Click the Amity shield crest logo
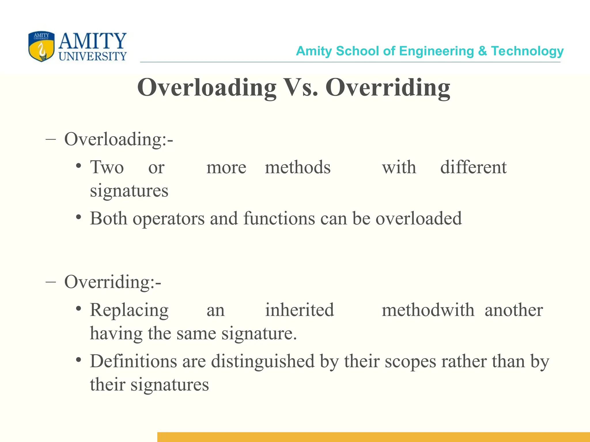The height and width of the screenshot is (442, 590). [41, 46]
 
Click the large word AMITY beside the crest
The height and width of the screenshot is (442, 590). [92, 41]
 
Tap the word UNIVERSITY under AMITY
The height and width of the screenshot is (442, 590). [92, 56]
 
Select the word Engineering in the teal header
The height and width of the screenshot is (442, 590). [436, 51]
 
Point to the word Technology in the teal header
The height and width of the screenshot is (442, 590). [527, 51]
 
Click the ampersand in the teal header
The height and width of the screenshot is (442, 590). [482, 51]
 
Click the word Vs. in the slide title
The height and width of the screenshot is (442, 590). [301, 87]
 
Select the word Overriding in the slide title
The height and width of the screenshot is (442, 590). [388, 88]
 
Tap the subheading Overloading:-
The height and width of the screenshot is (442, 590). [118, 139]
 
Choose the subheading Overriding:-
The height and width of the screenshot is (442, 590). [113, 282]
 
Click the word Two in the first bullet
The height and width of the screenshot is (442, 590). [107, 167]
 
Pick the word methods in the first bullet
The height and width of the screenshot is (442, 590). [298, 167]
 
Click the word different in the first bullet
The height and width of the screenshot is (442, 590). [473, 167]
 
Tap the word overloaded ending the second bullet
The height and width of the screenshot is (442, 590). [418, 218]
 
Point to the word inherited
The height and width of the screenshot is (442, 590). [300, 310]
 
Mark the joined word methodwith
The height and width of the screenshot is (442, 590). [428, 310]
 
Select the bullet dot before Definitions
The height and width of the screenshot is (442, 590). [78, 360]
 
